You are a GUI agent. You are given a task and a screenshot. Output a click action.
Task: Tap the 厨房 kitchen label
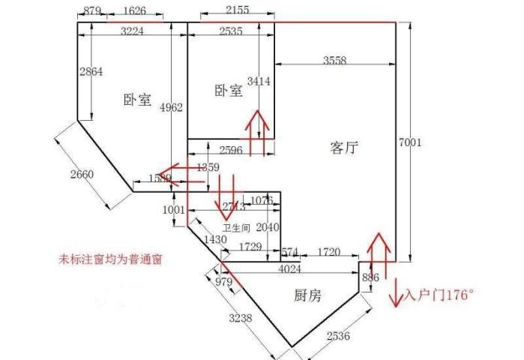[x=307, y=295]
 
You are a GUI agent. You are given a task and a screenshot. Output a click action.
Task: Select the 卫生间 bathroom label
[x=236, y=227]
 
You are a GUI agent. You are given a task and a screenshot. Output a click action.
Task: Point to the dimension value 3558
[x=335, y=61]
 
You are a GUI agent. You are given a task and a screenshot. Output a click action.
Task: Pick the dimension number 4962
[x=172, y=107]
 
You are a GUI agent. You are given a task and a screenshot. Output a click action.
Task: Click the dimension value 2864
[x=91, y=72]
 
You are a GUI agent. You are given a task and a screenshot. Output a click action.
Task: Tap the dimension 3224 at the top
[x=133, y=31]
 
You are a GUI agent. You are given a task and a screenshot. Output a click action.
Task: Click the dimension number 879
[x=91, y=10]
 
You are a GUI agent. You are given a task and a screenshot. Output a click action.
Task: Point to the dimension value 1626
[x=134, y=10]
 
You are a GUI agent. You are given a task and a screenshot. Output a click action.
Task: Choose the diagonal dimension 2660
[x=82, y=175]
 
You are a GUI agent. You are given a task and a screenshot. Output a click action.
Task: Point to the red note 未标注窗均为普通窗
[x=112, y=260]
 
